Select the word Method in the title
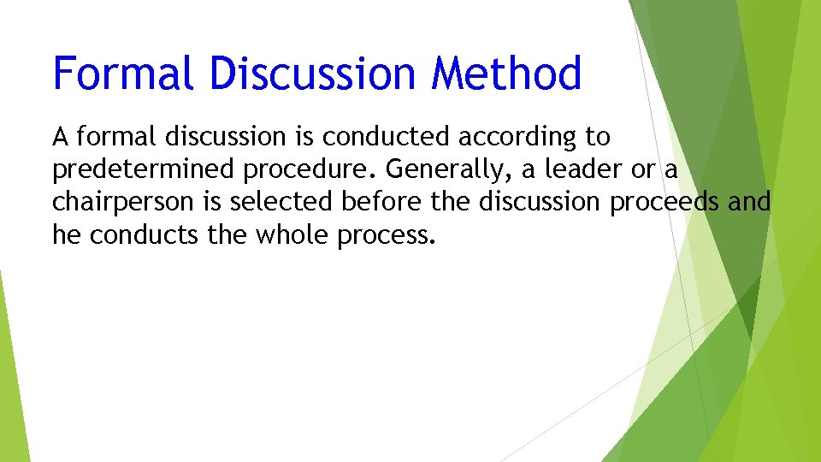[x=506, y=74]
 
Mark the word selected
[x=284, y=202]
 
